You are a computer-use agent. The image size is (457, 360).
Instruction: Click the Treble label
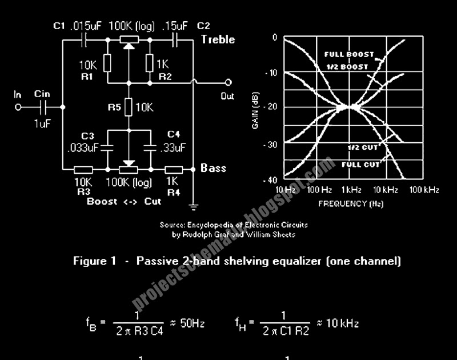pyautogui.click(x=217, y=39)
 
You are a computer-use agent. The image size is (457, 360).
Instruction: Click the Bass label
pyautogui.click(x=213, y=168)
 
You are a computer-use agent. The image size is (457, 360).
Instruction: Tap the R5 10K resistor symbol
pyautogui.click(x=129, y=107)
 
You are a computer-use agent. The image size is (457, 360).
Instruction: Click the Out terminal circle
pyautogui.click(x=228, y=82)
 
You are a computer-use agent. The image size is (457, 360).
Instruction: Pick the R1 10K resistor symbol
pyautogui.click(x=107, y=65)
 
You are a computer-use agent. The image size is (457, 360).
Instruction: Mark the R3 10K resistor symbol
pyautogui.click(x=83, y=169)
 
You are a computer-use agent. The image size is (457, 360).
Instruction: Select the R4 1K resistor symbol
pyautogui.click(x=174, y=169)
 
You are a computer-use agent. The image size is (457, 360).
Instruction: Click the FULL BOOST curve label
pyautogui.click(x=348, y=55)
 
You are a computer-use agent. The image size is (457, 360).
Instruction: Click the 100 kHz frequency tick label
pyautogui.click(x=424, y=189)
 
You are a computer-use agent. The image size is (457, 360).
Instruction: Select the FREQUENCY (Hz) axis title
pyautogui.click(x=351, y=203)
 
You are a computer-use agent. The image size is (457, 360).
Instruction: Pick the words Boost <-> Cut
pyautogui.click(x=124, y=201)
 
